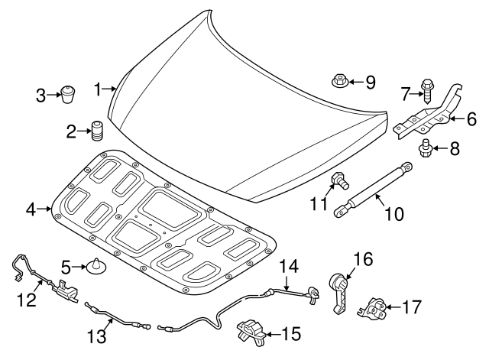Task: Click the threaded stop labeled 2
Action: coord(97,131)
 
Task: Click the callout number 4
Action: coord(30,209)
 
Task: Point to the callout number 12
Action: coord(27,301)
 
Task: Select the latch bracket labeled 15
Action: coord(249,332)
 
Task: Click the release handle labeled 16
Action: coord(339,291)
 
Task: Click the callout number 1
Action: coord(97,89)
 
